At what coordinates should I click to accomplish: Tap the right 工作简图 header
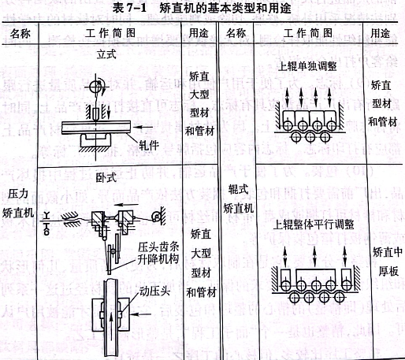tap(310, 35)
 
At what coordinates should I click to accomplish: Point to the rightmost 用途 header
tap(382, 35)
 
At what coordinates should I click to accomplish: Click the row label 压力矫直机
tap(20, 202)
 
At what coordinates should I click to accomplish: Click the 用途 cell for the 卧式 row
tap(201, 262)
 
